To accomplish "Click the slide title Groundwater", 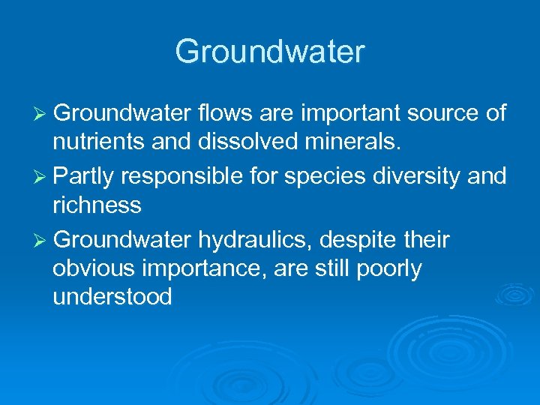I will pyautogui.click(x=270, y=52).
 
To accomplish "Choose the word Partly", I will pyautogui.click(x=85, y=177).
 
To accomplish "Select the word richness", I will pyautogui.click(x=97, y=205).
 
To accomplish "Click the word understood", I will pyautogui.click(x=112, y=297).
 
